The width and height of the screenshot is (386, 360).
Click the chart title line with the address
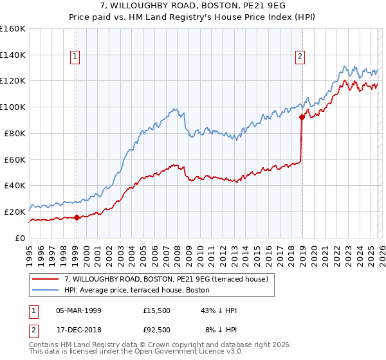(x=193, y=6)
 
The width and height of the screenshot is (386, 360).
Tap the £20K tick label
(x=15, y=212)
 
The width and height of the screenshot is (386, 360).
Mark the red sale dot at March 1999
(x=77, y=217)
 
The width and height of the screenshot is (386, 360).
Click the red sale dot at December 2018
(x=301, y=117)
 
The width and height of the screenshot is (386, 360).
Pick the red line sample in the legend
(x=46, y=279)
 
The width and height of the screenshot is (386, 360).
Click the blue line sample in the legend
(x=46, y=290)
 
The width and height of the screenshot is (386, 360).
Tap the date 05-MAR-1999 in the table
(x=78, y=310)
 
